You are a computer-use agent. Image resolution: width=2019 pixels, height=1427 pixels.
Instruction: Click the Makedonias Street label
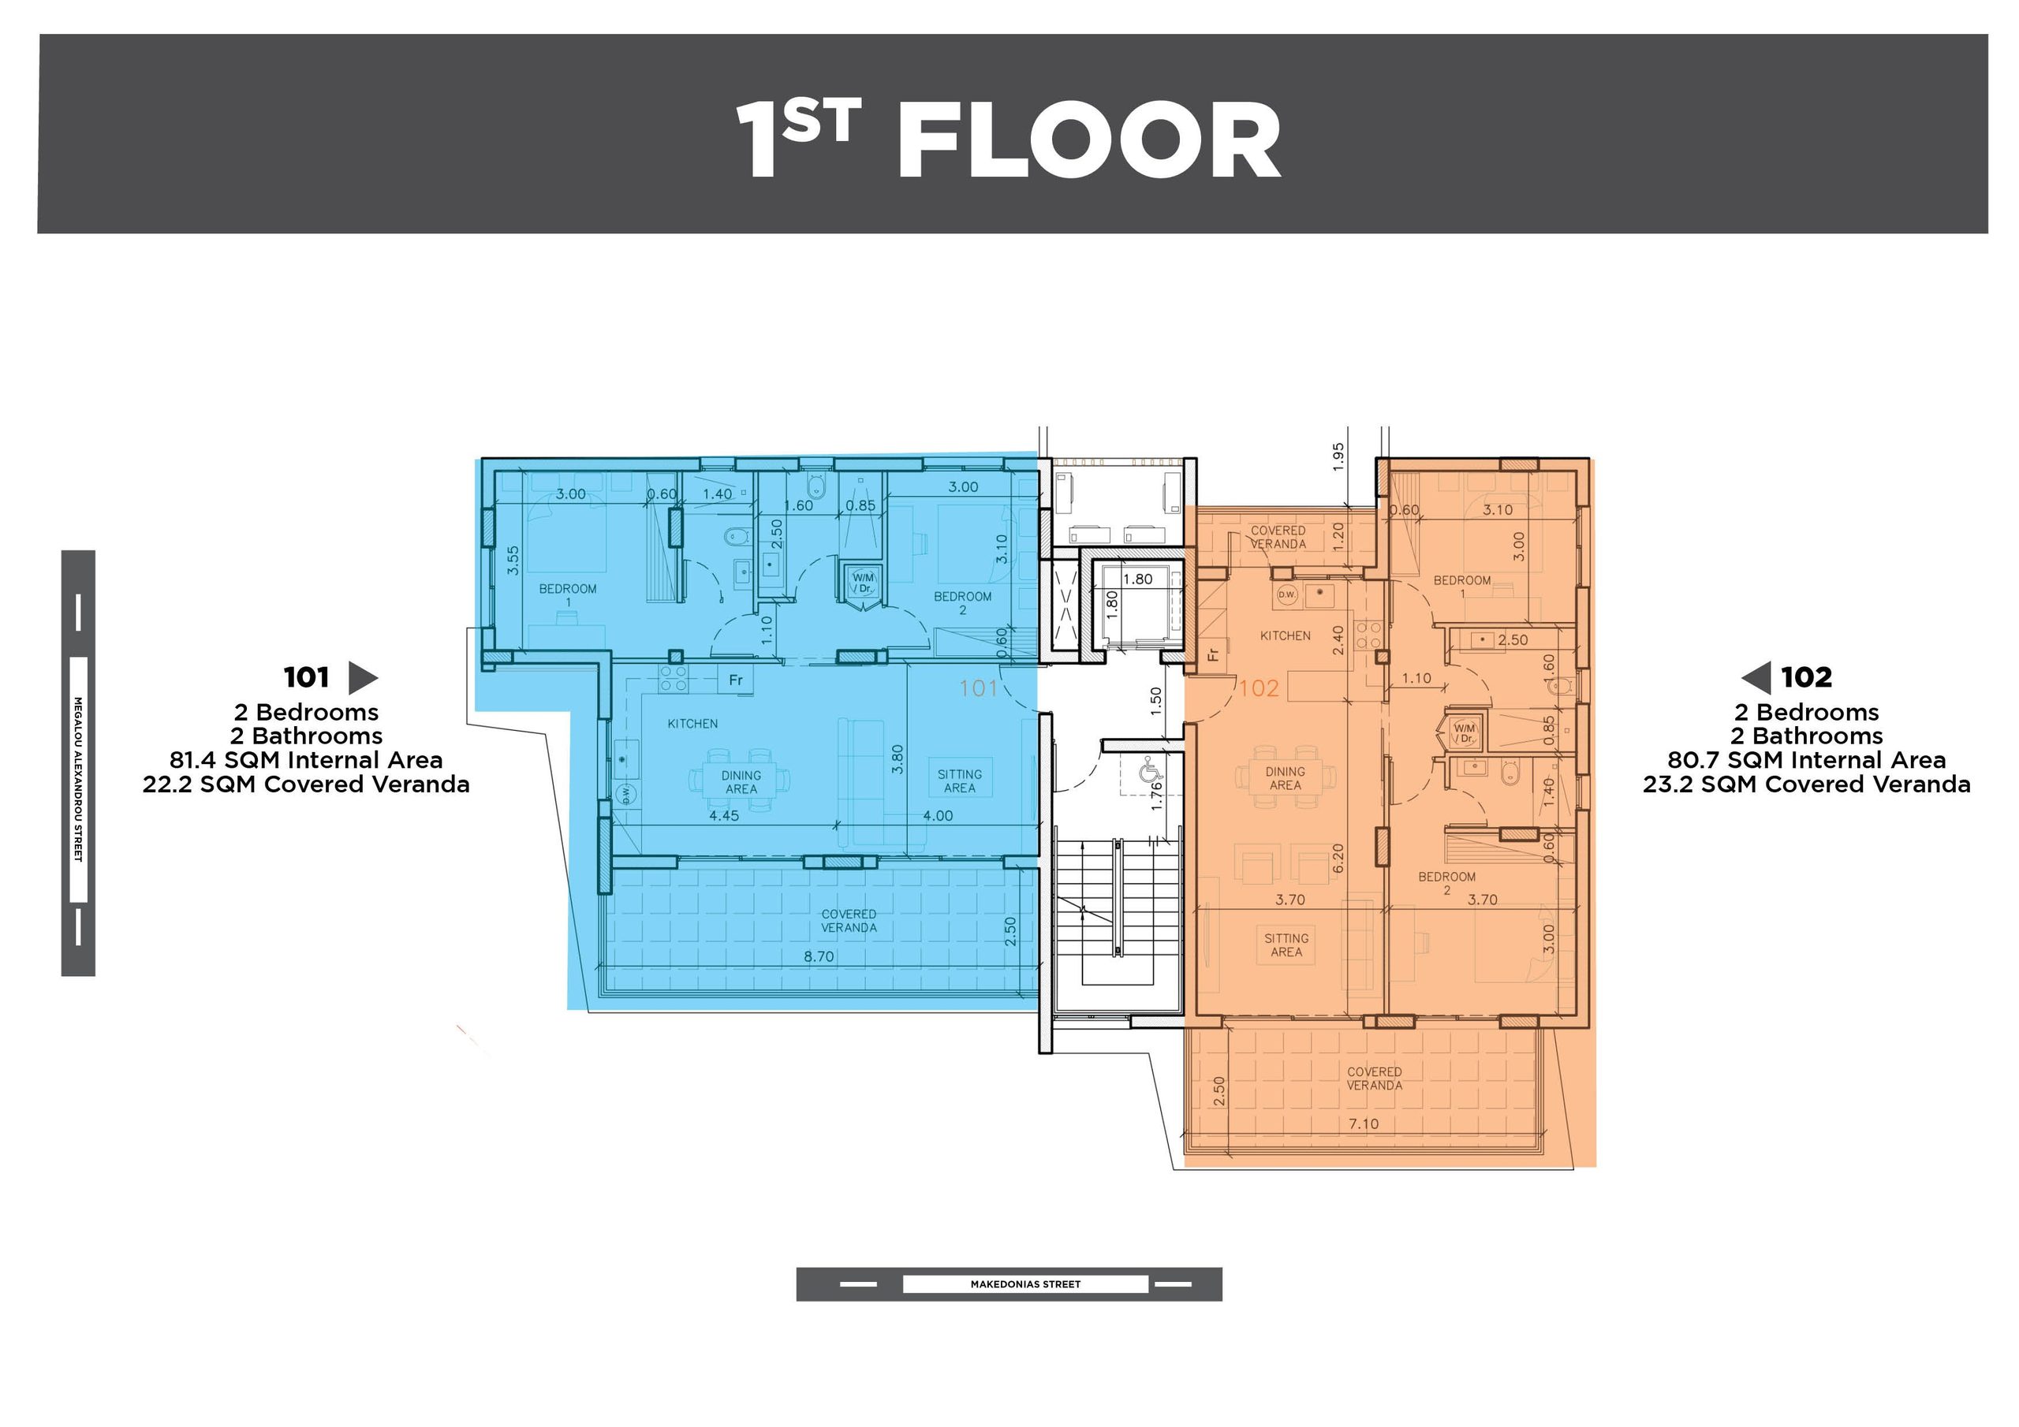1025,1284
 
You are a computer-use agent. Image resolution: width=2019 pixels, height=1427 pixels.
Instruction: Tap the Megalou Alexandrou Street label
77,779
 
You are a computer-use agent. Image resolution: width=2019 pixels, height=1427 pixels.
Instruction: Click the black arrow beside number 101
363,678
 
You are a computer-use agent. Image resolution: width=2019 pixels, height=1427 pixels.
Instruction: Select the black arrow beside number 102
1756,678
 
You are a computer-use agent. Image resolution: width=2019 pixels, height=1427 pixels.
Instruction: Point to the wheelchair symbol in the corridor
1150,773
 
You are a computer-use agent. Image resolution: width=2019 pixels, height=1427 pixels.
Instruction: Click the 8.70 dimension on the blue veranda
819,956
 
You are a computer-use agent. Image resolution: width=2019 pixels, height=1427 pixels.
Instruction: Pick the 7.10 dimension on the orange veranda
1363,1123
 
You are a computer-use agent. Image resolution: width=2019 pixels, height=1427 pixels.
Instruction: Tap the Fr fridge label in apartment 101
735,680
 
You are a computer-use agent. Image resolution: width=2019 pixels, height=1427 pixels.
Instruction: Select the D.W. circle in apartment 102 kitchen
1286,594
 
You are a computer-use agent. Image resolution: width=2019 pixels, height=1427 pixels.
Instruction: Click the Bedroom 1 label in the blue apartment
568,595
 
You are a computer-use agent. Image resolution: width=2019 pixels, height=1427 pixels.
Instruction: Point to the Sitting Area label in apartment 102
1286,945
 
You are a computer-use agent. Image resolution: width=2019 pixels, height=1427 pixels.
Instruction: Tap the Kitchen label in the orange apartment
1286,635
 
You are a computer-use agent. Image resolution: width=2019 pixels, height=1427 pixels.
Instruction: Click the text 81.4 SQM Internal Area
306,760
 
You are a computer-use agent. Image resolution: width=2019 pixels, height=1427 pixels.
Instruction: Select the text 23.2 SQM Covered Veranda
1806,784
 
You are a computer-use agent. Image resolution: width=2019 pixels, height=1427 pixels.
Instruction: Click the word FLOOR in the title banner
1088,140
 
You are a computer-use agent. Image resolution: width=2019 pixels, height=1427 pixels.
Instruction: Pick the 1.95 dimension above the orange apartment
1338,456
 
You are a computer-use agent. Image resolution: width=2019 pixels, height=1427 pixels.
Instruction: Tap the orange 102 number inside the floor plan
1259,688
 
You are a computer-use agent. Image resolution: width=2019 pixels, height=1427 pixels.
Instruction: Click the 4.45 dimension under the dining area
724,816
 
